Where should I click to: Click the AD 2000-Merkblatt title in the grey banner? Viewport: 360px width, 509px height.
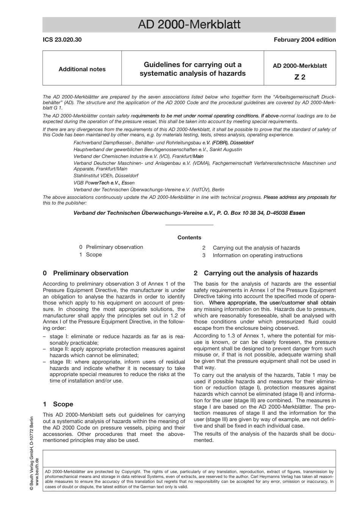(189, 25)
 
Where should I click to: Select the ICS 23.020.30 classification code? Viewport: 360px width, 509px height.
(62, 40)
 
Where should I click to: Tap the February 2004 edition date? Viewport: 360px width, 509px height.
(305, 40)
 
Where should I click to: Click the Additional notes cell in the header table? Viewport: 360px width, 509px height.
(82, 69)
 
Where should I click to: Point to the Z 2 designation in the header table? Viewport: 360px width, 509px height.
(299, 77)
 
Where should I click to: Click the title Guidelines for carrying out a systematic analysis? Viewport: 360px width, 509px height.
(193, 69)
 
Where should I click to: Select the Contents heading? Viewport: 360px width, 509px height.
(189, 237)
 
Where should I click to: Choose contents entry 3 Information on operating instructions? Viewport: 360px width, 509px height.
(253, 255)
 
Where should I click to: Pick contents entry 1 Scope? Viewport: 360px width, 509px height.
(91, 254)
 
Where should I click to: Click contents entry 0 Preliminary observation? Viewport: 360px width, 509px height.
(111, 247)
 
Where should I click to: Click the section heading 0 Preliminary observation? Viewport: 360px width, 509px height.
(86, 273)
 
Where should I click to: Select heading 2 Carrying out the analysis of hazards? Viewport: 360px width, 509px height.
(256, 273)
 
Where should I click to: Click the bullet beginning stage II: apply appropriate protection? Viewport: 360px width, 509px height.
(114, 352)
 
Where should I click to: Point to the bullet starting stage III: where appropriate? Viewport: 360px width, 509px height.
(114, 371)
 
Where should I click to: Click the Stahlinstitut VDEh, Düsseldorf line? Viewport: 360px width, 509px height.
(106, 176)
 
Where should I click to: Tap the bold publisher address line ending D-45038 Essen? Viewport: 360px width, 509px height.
(189, 213)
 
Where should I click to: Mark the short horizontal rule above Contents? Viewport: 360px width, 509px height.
(189, 225)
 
